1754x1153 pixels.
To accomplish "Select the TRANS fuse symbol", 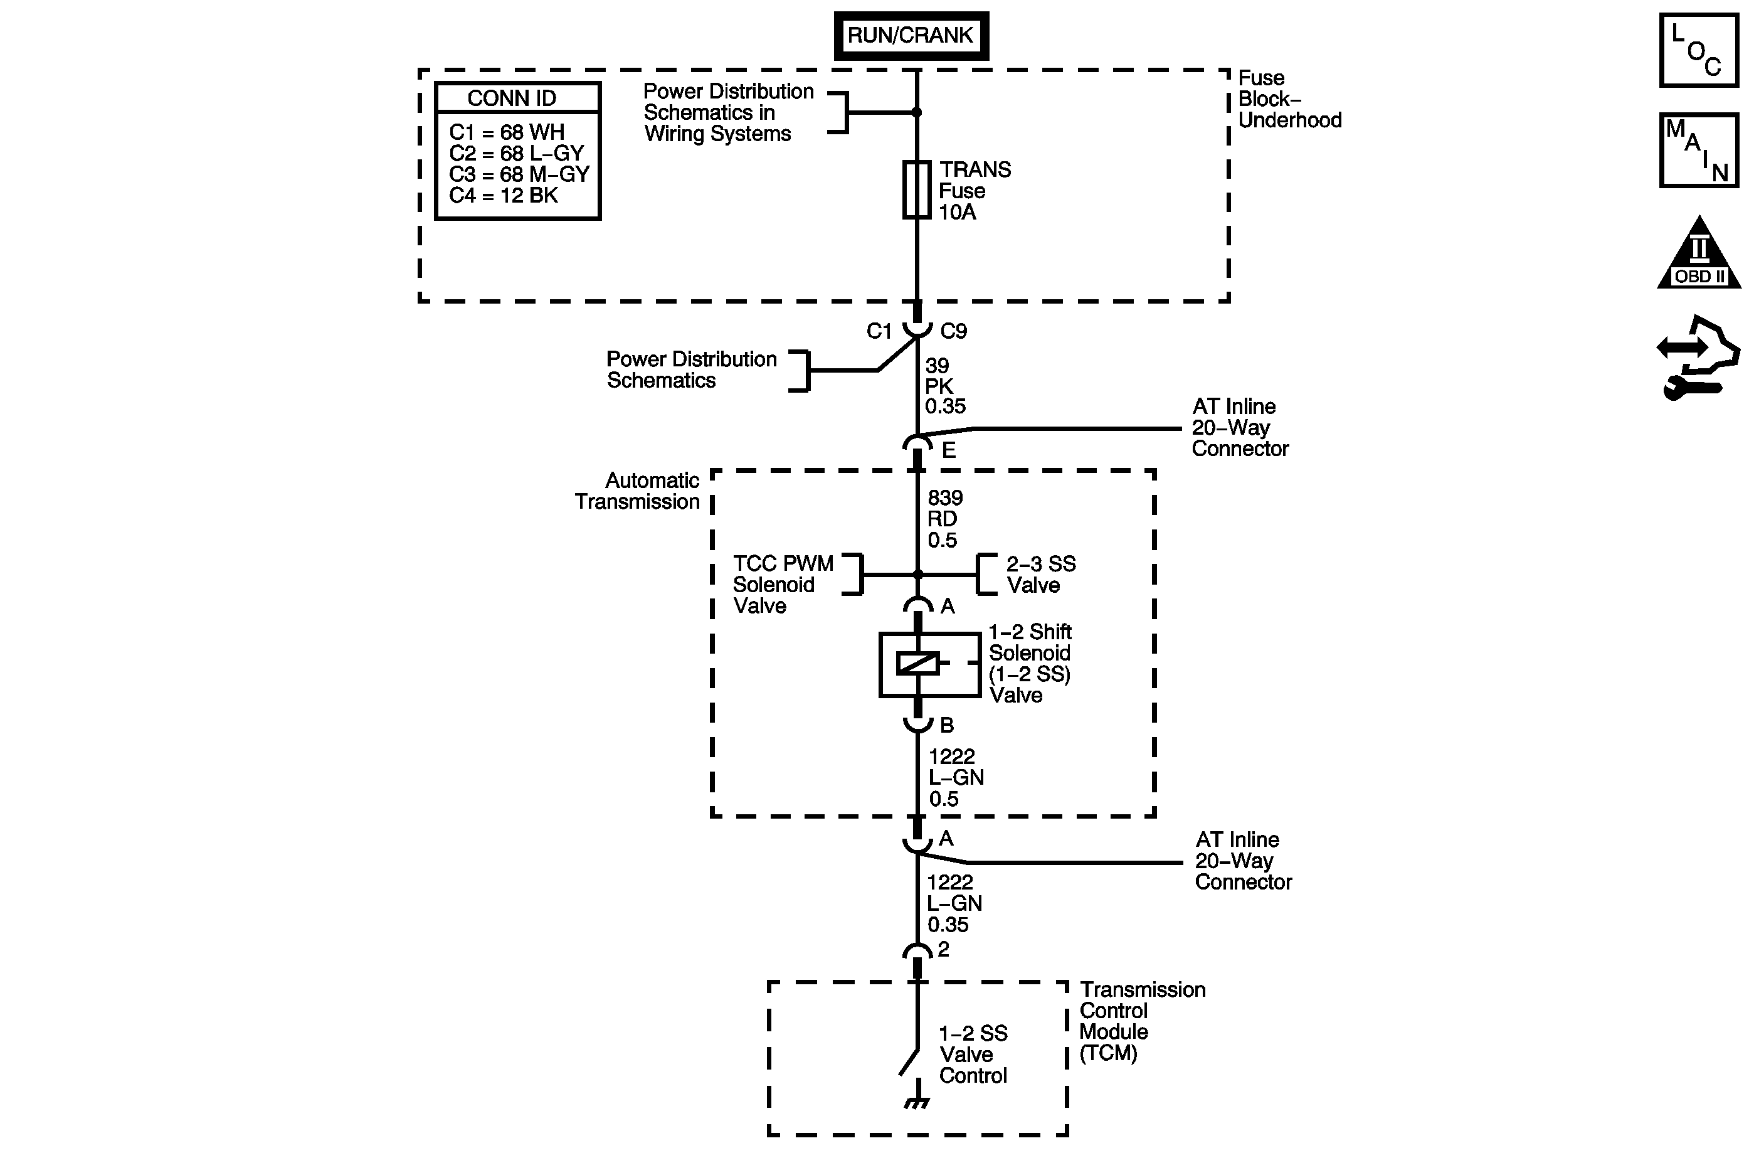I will coord(917,189).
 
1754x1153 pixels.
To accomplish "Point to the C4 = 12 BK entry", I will coord(504,195).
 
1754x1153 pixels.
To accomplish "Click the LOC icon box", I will coord(1699,51).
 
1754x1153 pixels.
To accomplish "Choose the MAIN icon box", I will coord(1699,151).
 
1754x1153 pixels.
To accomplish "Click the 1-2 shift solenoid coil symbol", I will coord(917,664).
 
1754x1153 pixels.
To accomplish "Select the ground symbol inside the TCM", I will coord(917,1103).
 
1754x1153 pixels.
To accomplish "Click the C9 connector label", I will coord(954,332).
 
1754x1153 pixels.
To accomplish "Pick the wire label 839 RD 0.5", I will coord(944,519).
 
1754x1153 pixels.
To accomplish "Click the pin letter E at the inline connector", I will coord(948,450).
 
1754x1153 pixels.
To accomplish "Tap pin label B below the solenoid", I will coord(947,725).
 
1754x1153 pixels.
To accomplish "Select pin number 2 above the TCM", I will coord(943,948).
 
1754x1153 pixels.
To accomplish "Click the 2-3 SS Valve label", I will coord(1040,574).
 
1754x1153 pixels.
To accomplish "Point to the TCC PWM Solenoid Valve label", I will coord(783,585).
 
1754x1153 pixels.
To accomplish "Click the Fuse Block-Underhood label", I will coord(1289,98).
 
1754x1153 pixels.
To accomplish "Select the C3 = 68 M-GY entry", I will coord(519,175).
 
